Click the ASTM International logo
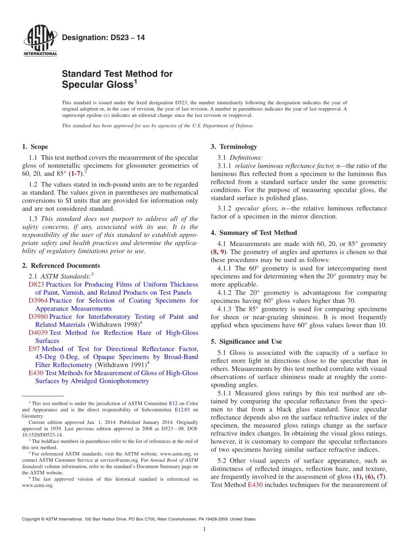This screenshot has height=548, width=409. coord(40,41)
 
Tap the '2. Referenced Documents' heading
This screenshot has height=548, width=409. coord(61,266)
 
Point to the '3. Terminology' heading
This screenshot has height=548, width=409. coord(234,147)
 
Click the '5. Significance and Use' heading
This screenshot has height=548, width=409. coord(246,342)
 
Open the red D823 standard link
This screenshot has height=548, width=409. coord(36,285)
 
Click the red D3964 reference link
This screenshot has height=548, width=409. coord(38,301)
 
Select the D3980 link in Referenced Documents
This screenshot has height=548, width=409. coord(38,317)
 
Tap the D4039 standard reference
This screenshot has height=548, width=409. coord(38,333)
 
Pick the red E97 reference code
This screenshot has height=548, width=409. coord(34,349)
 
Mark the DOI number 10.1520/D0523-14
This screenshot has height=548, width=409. coord(42,435)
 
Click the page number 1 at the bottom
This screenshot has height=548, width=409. coord(204,529)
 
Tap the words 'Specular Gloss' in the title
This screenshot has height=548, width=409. coord(97,85)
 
